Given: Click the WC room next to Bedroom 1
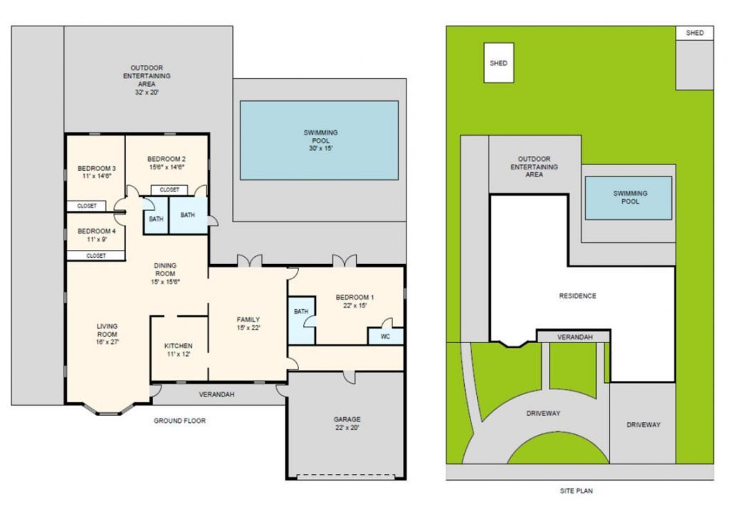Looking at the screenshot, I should click(x=385, y=336).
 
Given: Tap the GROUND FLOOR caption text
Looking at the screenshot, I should click(x=179, y=421).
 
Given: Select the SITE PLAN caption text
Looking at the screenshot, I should click(x=577, y=491).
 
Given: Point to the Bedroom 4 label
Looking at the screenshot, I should click(x=96, y=231).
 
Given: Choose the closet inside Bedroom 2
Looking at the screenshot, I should click(x=169, y=190).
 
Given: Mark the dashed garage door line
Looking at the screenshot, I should click(x=345, y=476).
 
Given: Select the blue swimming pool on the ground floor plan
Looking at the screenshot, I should click(x=318, y=140).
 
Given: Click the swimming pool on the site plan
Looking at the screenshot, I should click(x=628, y=197).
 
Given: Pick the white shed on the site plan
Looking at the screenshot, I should click(x=498, y=63).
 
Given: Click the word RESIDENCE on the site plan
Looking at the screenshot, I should click(x=577, y=295).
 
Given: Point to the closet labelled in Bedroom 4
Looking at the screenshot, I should click(x=96, y=255).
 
